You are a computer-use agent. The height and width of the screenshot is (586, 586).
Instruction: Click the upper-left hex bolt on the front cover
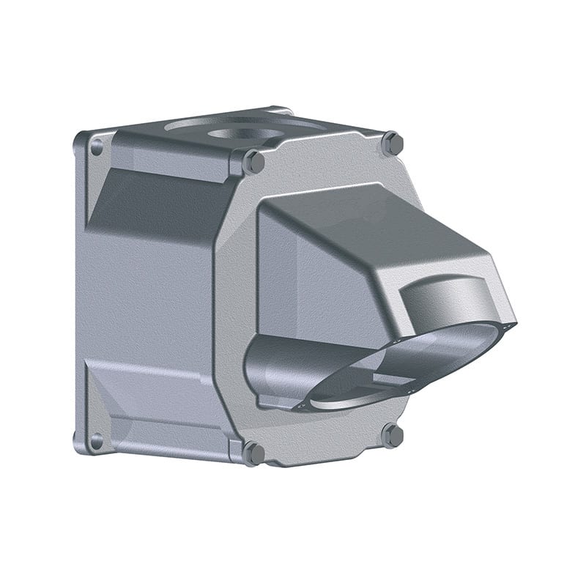pos(254,161)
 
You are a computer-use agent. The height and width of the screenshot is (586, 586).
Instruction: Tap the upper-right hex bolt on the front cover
pos(393,144)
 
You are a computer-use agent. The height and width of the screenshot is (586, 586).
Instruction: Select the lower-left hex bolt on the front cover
pos(253,453)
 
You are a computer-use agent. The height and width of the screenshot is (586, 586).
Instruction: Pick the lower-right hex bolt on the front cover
pos(393,436)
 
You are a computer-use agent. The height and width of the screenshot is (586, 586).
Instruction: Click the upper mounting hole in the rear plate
pos(96,146)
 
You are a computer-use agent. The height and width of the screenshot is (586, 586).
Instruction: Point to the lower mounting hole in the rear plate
pos(95,441)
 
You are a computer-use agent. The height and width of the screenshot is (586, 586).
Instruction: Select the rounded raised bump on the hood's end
pos(447,297)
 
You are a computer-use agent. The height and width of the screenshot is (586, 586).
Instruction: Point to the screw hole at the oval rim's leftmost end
pos(299,402)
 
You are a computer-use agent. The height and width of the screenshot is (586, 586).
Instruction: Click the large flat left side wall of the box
pos(146,293)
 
